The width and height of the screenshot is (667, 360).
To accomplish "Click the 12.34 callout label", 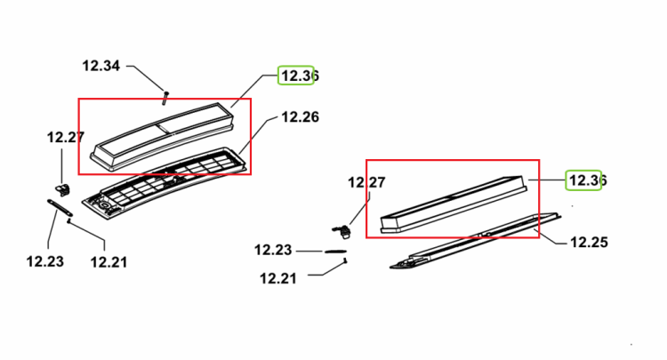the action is point(100,66).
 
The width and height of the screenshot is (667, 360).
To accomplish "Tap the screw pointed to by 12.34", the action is point(165,98).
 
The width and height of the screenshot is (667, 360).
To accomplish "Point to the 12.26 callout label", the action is point(300,116).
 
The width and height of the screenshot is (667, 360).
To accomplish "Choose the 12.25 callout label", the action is point(589,243).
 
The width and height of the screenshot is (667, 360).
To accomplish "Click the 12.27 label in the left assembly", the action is point(66,137).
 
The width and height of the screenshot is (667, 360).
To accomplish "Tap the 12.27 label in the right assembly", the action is point(366,182).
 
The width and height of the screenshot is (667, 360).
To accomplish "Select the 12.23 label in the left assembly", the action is point(45,261).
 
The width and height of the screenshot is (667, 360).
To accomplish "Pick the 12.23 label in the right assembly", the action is point(273,250).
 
